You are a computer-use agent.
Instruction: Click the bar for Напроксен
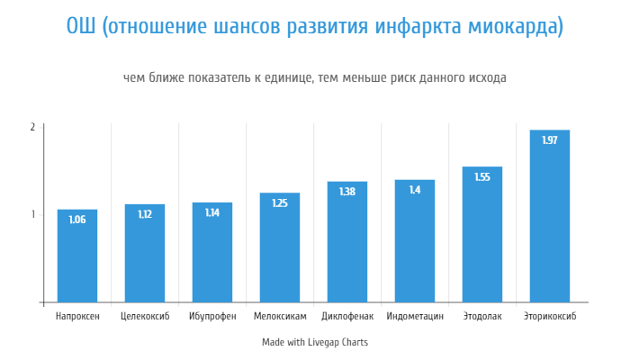point(77,256)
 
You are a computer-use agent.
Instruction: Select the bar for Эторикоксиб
point(550,216)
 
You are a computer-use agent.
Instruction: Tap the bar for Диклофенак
point(347,242)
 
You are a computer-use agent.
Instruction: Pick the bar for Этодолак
point(482,234)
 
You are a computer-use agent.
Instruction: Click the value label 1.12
point(145,214)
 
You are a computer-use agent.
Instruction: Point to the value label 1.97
point(550,139)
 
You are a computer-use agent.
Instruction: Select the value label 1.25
point(280,203)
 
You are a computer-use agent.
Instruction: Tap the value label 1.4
point(415,190)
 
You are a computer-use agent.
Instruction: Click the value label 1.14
point(212,212)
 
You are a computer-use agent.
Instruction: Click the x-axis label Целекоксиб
point(145,317)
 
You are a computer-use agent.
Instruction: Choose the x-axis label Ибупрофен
point(212,317)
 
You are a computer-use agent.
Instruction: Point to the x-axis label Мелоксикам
point(280,317)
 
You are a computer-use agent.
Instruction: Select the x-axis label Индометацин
point(415,317)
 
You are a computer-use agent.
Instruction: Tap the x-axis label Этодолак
point(482,317)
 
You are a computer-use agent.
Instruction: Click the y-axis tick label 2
point(32,127)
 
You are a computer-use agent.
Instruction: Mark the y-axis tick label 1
point(32,214)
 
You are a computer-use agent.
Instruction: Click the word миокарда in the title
point(512,27)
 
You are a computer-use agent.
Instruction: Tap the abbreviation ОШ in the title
point(82,27)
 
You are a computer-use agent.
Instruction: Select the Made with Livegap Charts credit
point(315,342)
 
